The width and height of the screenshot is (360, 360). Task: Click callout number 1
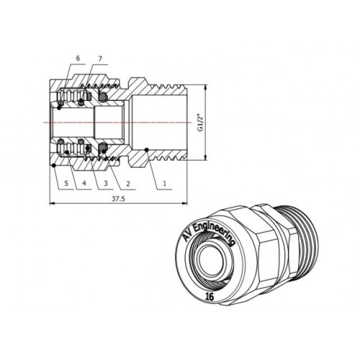[164, 184]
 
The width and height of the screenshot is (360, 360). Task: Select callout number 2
[128, 184]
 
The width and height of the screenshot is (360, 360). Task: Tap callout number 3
[106, 184]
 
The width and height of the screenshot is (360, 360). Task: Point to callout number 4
[84, 184]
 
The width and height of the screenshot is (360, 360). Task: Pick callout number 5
[66, 184]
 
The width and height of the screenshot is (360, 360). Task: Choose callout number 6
[78, 58]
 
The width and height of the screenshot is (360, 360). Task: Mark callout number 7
[100, 58]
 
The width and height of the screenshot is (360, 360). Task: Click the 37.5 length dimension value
[119, 199]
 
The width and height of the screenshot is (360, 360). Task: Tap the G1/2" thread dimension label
[200, 122]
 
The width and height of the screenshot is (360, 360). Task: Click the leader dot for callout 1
[146, 150]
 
